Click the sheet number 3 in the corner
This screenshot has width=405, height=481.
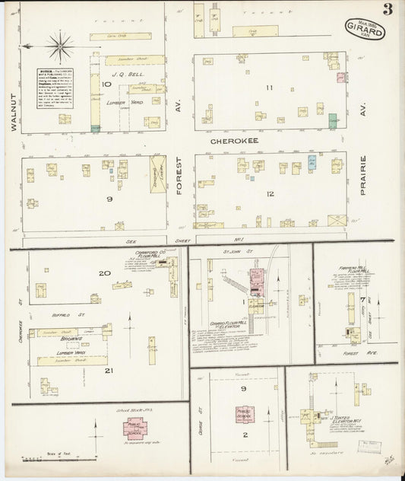tap(388, 10)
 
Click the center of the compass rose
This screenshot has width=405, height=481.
tap(59, 46)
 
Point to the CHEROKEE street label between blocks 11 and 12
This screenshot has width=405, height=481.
tap(231, 141)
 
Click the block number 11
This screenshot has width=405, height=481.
tap(269, 88)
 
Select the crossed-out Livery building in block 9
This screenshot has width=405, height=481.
tap(158, 174)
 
